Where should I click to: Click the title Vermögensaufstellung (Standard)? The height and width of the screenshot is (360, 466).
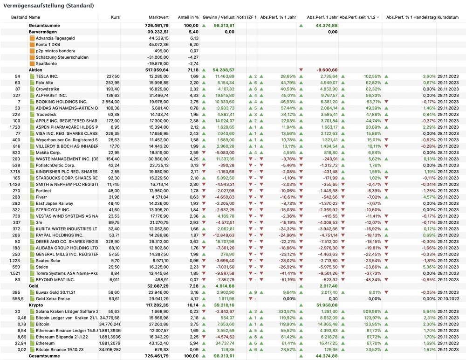[48, 6]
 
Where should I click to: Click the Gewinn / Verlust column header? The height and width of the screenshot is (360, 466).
[219, 17]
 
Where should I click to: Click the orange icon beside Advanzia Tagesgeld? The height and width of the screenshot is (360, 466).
[32, 38]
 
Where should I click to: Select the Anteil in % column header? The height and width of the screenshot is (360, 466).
[191, 17]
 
